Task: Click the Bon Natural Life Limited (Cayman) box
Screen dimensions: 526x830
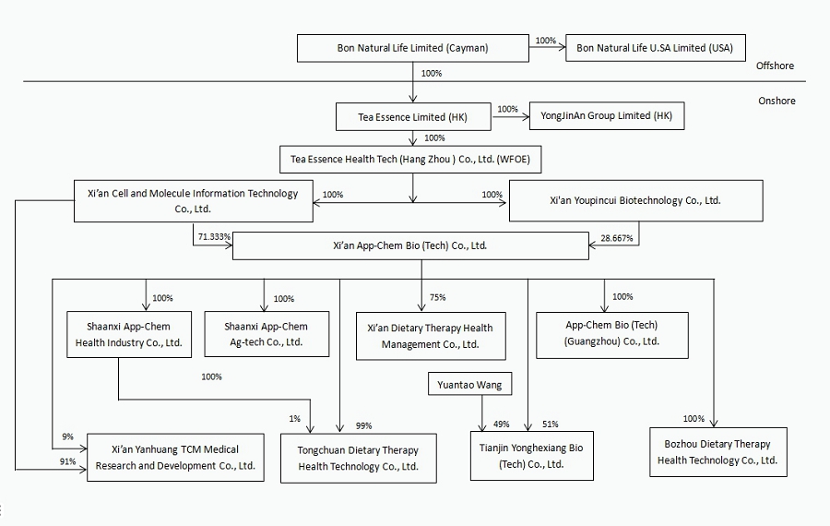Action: tap(413, 48)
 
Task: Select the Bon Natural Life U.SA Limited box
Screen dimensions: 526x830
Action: tap(655, 48)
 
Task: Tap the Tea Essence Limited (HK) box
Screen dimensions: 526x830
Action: tap(413, 117)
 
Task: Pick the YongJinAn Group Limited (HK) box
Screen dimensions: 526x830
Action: tap(607, 116)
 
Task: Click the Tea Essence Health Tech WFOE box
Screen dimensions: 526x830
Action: tap(411, 159)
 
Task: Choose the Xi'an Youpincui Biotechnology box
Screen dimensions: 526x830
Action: tap(635, 200)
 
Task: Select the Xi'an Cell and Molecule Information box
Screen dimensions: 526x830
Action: tap(192, 200)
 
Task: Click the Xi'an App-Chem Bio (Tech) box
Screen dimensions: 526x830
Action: tap(409, 246)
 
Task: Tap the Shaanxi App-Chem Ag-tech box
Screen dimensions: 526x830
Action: tap(266, 334)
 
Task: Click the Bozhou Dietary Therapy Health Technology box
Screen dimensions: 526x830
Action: tap(717, 452)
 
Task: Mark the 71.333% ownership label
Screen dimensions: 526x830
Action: tap(212, 237)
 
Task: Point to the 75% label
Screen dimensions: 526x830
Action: tap(438, 298)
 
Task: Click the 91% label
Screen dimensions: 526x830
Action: tap(67, 461)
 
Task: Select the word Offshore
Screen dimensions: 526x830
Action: tap(775, 66)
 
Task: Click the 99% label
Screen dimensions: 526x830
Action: tap(363, 425)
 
